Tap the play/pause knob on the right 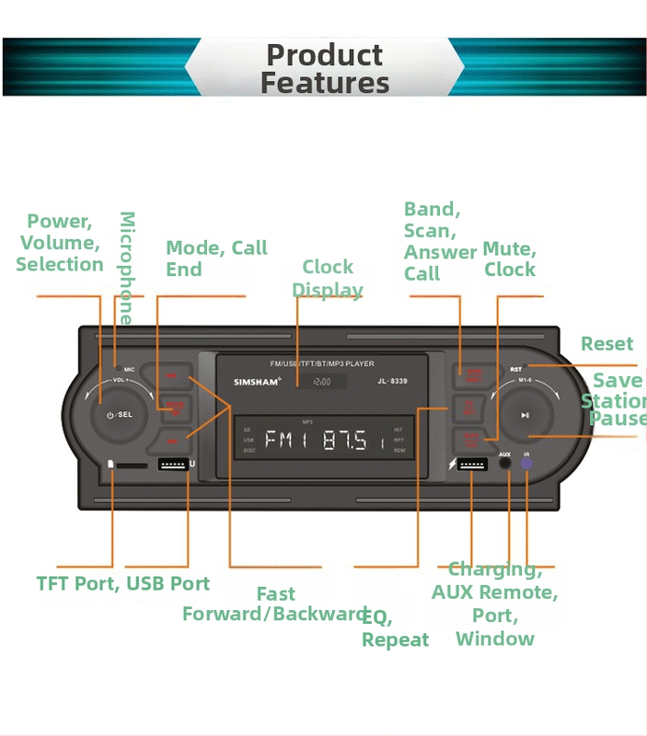point(525,415)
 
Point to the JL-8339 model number point(392,381)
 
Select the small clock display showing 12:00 point(321,381)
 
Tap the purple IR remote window point(526,464)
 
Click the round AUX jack point(505,464)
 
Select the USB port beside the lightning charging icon point(472,465)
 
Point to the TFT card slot point(132,466)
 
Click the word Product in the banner point(324,55)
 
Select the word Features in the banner point(324,83)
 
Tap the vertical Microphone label point(127,268)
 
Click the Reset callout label point(607,344)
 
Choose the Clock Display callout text point(328,278)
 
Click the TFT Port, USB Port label point(122,583)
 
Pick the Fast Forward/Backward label point(275,604)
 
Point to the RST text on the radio point(515,369)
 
